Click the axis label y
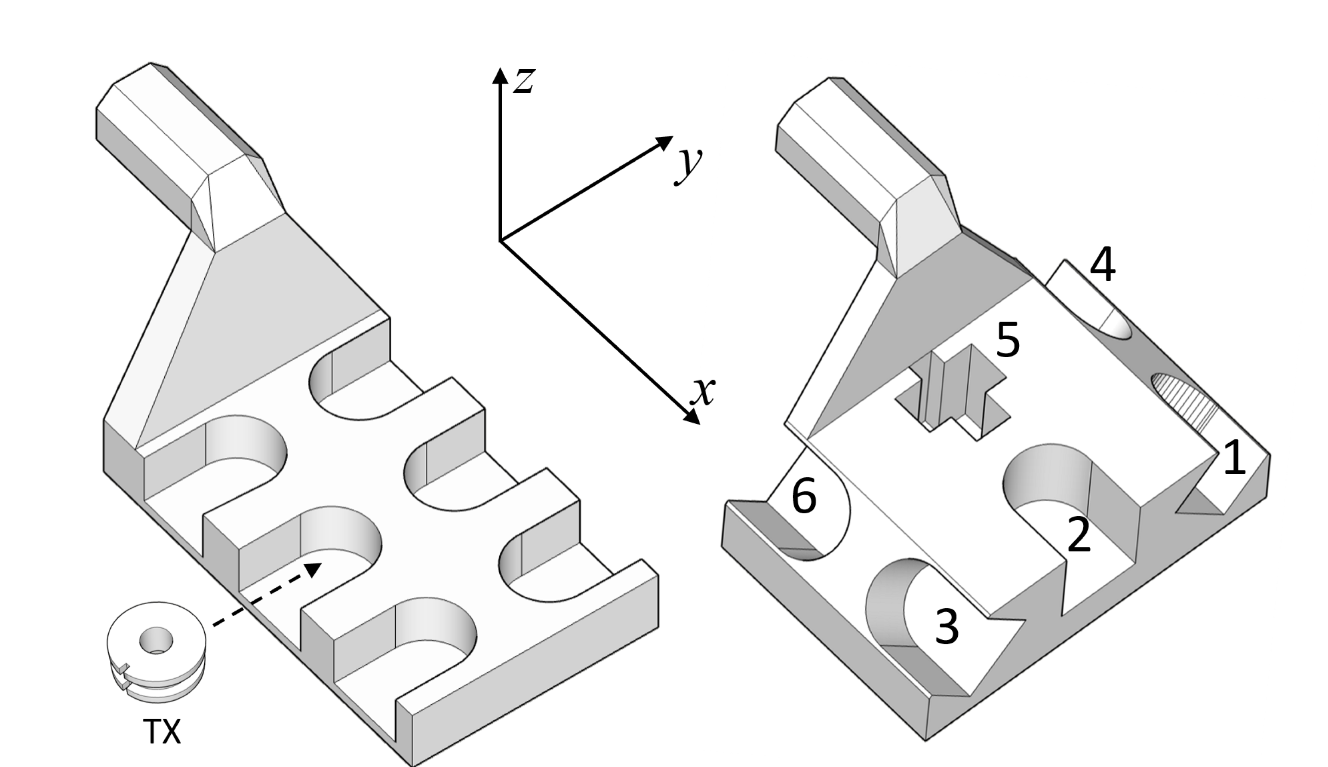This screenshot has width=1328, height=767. tap(689, 164)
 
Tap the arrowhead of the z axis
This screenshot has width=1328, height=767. tap(500, 77)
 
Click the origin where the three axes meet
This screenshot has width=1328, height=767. tap(500, 241)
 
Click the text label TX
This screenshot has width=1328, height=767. tap(162, 732)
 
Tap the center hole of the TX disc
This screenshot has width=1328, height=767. tap(156, 640)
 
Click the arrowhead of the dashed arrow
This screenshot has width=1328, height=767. tap(314, 569)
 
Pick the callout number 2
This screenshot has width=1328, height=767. tap(1078, 535)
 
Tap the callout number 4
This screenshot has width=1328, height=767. tap(1102, 265)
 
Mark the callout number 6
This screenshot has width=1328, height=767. tap(804, 496)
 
